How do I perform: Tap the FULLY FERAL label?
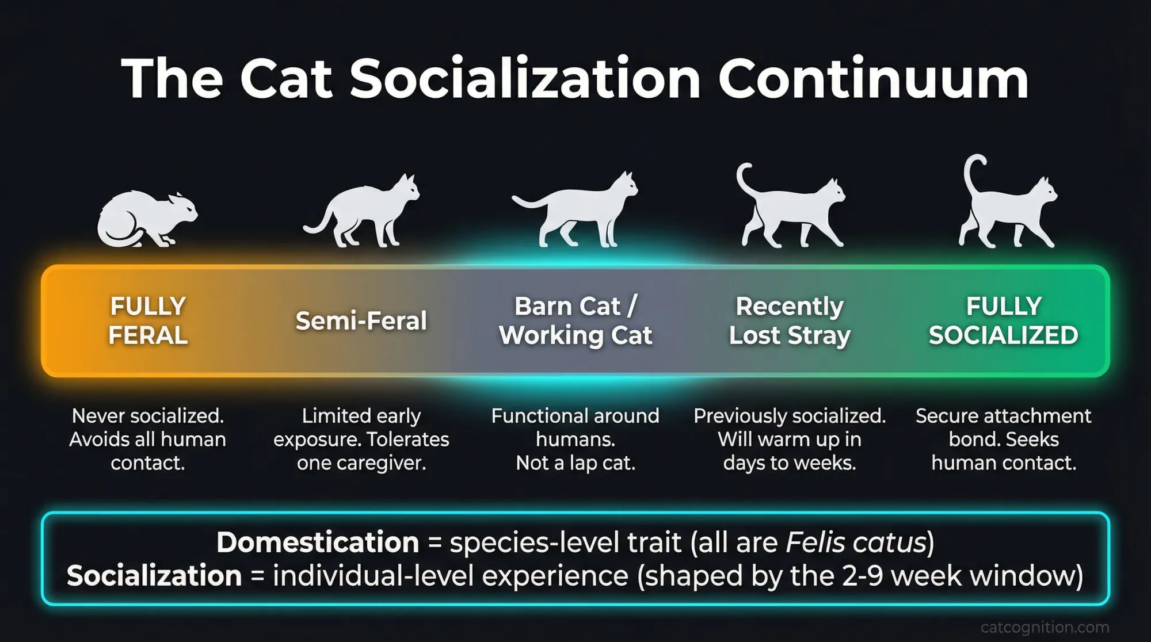click(148, 320)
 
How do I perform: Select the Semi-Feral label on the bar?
click(361, 321)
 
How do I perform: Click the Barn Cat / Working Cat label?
click(575, 320)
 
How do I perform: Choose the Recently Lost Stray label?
click(790, 320)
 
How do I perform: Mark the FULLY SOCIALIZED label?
click(1004, 320)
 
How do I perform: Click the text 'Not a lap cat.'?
click(575, 463)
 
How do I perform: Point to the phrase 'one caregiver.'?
click(361, 463)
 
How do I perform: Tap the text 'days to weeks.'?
click(790, 463)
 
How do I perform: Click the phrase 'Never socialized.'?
click(148, 415)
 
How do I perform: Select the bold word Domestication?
click(318, 542)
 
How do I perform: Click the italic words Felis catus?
click(856, 542)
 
